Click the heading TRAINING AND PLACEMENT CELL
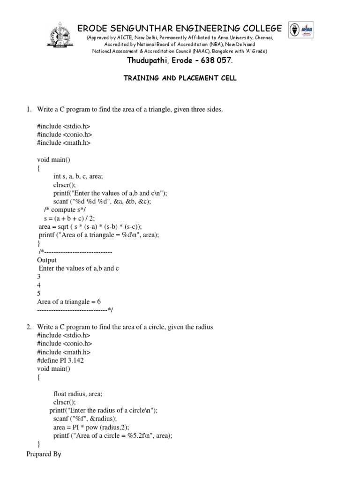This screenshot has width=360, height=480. click(x=180, y=79)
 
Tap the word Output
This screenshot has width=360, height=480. click(x=47, y=260)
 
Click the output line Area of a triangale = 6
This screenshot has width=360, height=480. click(x=69, y=302)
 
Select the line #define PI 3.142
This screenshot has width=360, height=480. click(x=61, y=360)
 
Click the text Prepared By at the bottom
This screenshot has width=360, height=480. click(x=44, y=454)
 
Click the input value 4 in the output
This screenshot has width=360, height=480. click(x=39, y=285)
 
